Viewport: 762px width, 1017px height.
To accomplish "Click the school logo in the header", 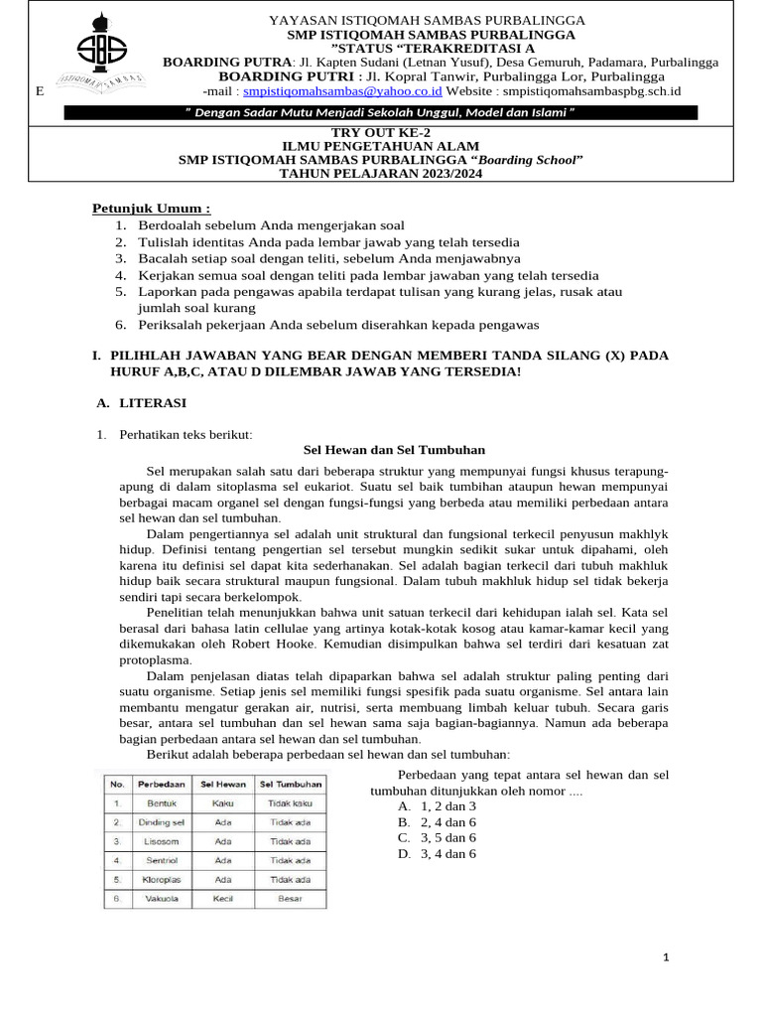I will (107, 58).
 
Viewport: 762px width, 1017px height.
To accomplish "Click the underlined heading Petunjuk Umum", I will (152, 209).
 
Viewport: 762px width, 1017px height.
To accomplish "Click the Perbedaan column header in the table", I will (162, 784).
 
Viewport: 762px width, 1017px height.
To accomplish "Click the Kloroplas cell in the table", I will (162, 879).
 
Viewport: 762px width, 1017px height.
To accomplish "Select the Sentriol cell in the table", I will (162, 860).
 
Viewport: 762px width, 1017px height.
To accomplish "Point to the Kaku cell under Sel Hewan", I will (223, 802).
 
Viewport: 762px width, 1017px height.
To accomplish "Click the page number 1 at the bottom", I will (667, 957).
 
